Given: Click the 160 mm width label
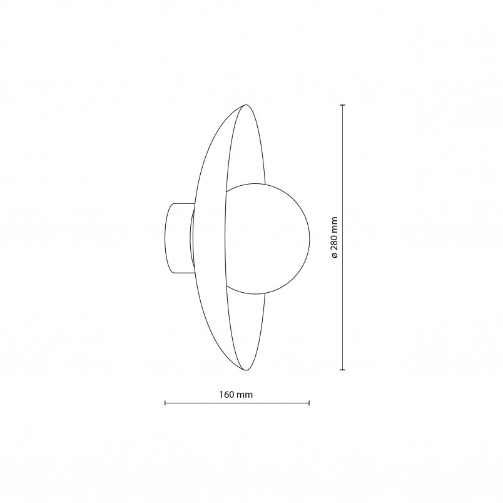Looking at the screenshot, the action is pos(236,394).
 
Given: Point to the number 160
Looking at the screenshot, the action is pos(227,394).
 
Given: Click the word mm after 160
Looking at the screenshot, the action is pos(245,395).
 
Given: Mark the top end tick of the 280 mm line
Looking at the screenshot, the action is pos(343,105).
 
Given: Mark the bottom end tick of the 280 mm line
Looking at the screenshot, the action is pos(343,370).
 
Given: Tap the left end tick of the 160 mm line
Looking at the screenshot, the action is pos(165,403).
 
